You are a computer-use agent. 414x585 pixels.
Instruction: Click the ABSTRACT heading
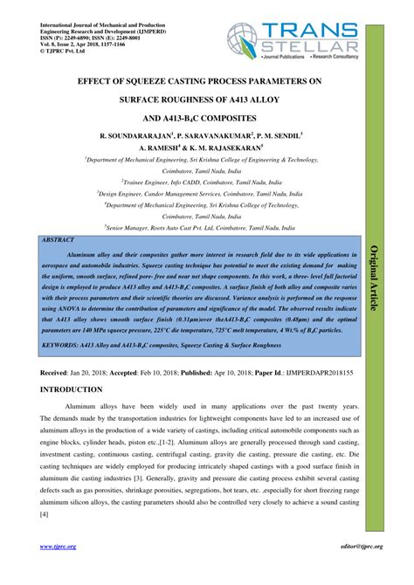pos(59,238)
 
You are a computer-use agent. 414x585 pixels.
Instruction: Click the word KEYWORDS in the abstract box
pos(65,346)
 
